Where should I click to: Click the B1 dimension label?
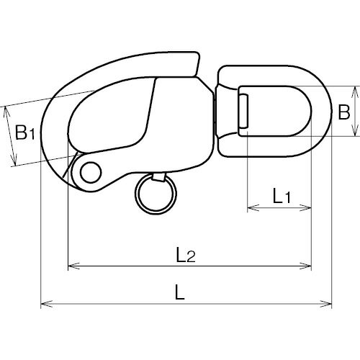click(x=24, y=132)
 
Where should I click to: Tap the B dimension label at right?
click(x=343, y=112)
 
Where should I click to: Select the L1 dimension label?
click(x=282, y=196)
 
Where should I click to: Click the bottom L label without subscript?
click(x=179, y=292)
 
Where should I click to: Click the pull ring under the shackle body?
click(x=156, y=194)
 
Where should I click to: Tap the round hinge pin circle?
click(x=91, y=172)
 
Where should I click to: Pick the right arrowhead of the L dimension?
click(x=325, y=304)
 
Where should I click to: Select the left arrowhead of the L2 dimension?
click(x=74, y=266)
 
